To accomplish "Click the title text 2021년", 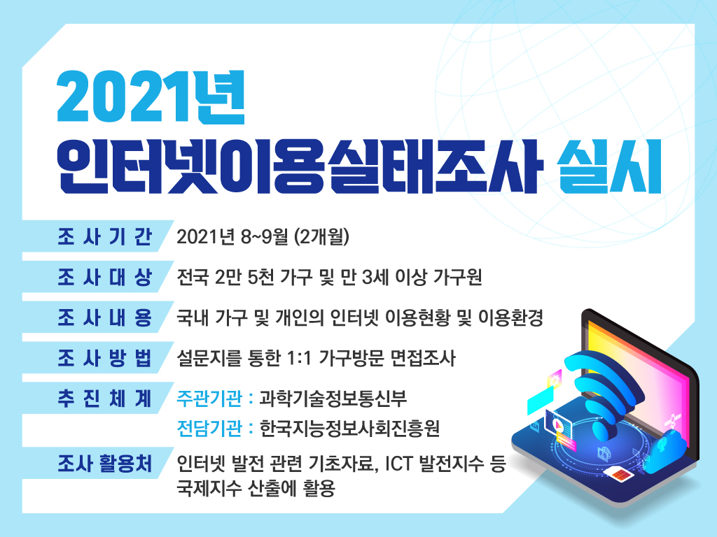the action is (x=151, y=97).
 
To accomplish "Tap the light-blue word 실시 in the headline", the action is (x=610, y=166).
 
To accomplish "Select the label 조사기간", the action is (x=105, y=236).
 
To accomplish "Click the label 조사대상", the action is (x=105, y=277).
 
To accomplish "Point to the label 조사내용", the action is (x=105, y=317).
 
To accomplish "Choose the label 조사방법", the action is (x=105, y=357).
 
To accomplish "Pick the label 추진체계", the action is (x=105, y=398).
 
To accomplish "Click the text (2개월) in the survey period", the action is (x=322, y=236).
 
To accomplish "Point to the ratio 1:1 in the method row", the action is (x=300, y=357).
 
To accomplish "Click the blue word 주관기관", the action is (x=209, y=398).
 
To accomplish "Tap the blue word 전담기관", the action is (x=209, y=428).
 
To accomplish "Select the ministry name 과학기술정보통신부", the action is (x=333, y=398).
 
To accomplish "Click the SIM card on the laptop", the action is (x=618, y=474).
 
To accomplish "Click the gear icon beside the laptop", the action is (x=555, y=379).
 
